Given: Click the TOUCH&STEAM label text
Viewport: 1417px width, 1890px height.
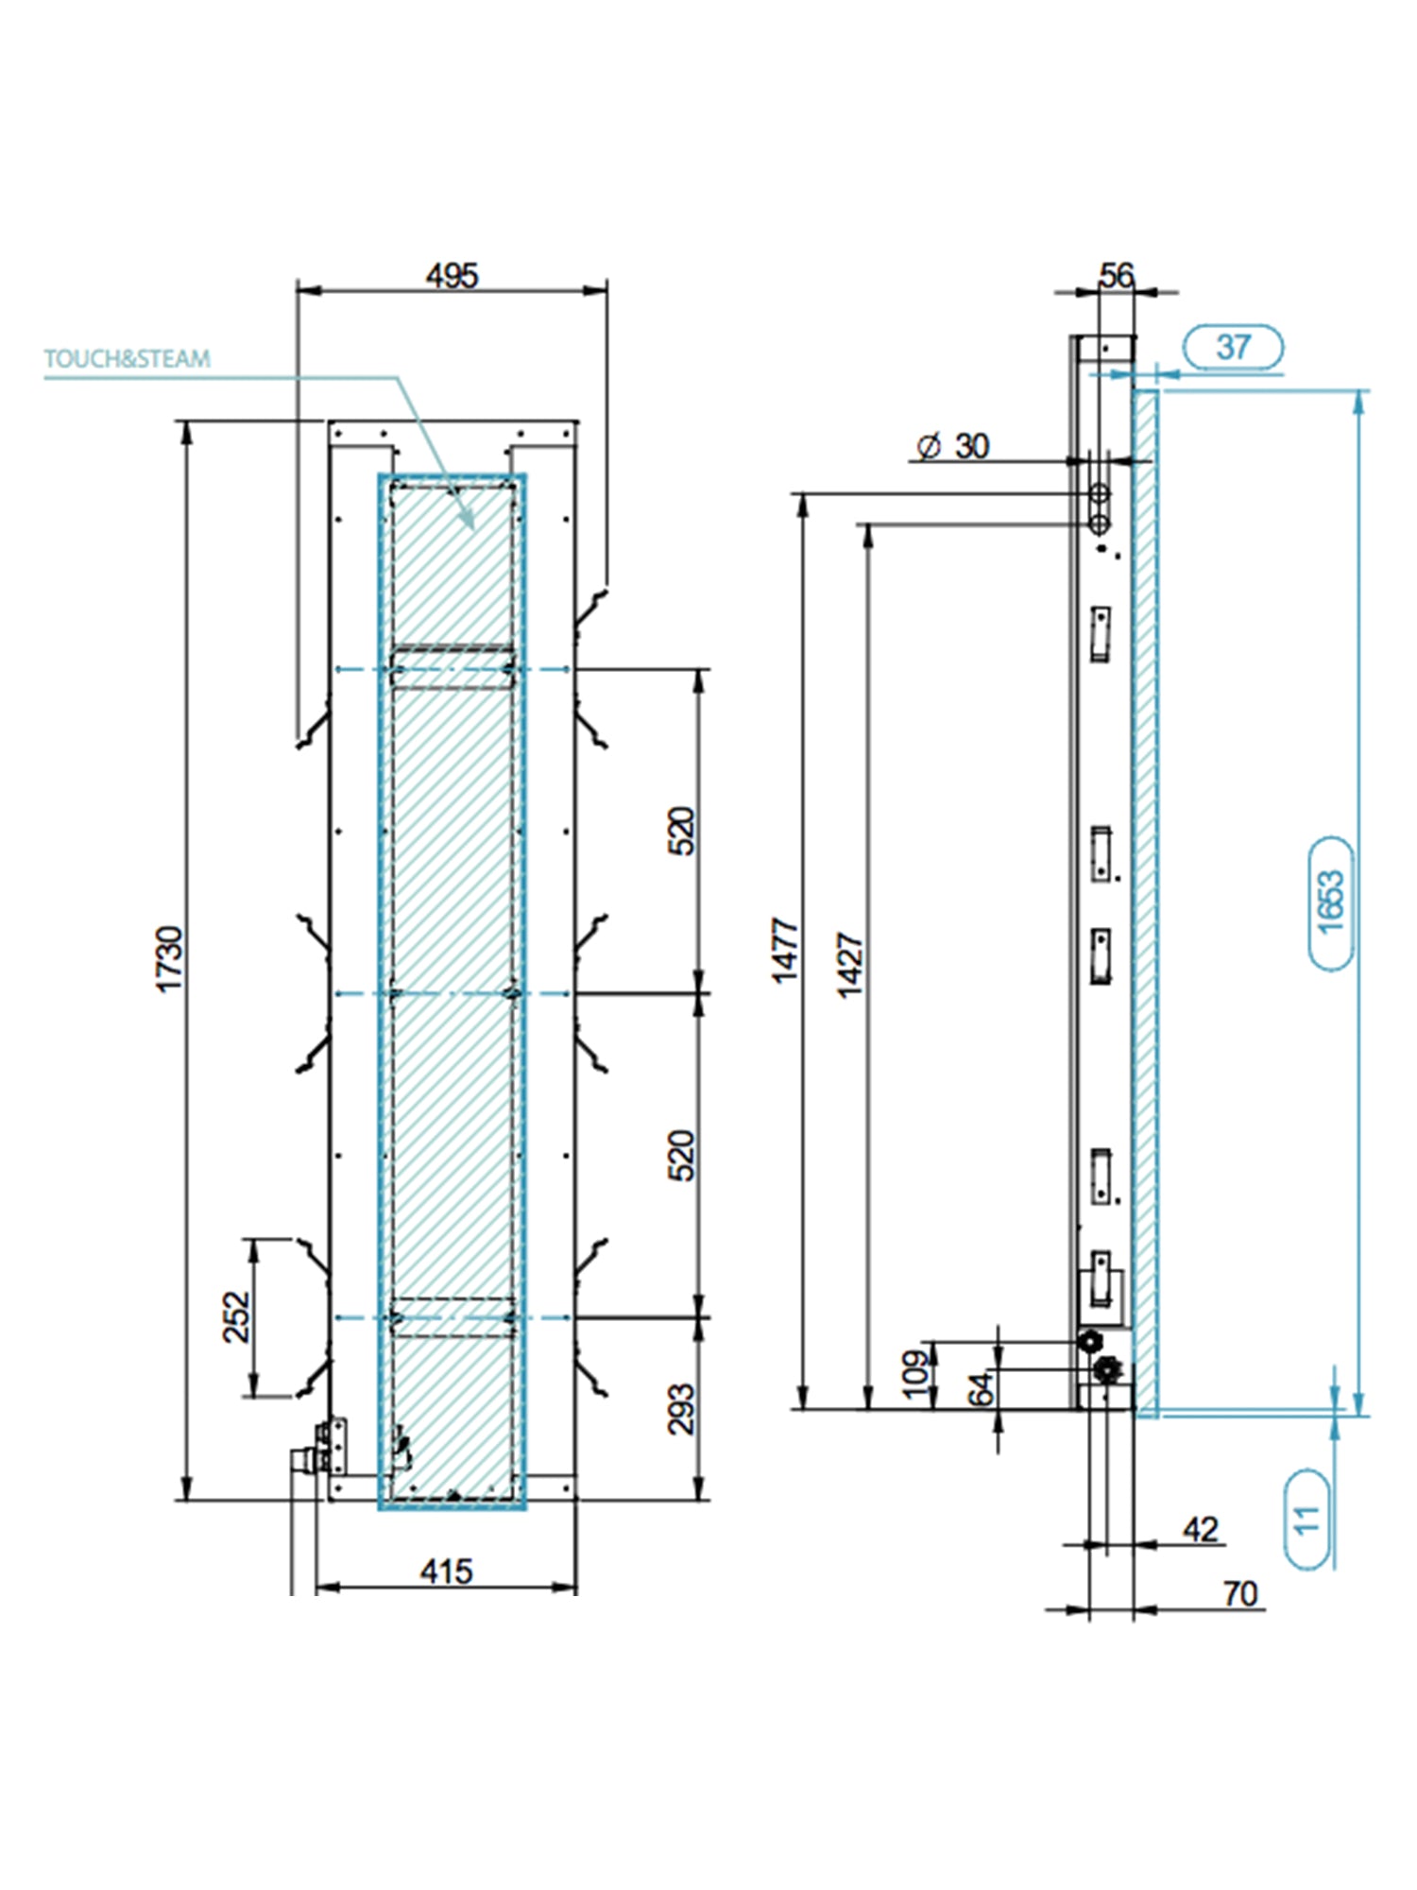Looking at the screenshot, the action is tap(128, 359).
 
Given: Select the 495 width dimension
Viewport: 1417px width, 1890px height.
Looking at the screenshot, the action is tap(452, 276).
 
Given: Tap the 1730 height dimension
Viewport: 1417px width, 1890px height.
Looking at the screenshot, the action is tap(169, 959).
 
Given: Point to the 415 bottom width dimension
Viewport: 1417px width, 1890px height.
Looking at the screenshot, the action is tap(446, 1572).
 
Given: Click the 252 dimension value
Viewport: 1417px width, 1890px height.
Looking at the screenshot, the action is tap(236, 1316).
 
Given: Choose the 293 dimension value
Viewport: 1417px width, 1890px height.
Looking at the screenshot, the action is tap(681, 1409).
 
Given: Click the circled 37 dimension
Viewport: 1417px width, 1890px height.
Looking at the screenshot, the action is tap(1234, 347).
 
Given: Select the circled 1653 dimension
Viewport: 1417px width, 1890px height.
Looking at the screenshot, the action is tap(1330, 902).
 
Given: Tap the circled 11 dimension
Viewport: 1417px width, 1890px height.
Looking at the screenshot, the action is tap(1306, 1520).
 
